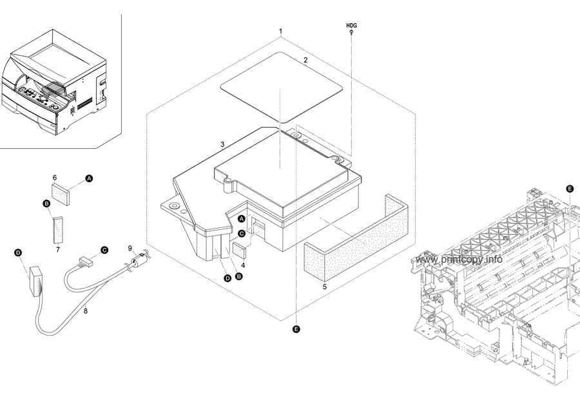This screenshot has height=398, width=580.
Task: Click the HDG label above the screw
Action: coord(351,25)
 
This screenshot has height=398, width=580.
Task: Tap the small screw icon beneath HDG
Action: coord(351,32)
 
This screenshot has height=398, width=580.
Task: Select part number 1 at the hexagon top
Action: coord(280,31)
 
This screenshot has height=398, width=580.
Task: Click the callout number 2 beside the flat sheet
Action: coord(305,60)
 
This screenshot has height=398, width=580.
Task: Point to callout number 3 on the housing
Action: coord(222,144)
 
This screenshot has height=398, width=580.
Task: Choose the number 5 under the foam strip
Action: coord(324,286)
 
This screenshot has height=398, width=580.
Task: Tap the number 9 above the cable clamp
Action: coord(130,248)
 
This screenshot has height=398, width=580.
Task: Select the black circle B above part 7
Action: coord(46,204)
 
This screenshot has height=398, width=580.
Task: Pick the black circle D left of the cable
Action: coord(18,253)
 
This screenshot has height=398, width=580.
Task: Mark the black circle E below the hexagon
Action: coord(296,329)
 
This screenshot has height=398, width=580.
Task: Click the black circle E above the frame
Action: coord(569,189)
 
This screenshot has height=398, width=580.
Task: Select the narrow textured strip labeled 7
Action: coord(59,227)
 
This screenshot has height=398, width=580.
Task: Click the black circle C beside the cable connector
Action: coord(104,249)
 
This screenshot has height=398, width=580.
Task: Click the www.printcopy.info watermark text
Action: coord(459,260)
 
